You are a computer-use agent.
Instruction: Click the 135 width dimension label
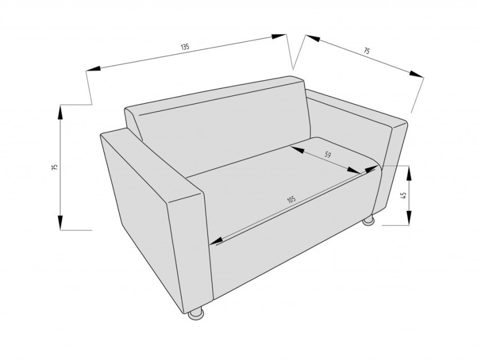185,47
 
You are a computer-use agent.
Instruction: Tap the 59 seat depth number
327,155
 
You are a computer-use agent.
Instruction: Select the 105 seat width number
291,200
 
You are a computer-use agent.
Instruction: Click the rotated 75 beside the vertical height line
55,167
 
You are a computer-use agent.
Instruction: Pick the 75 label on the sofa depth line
367,51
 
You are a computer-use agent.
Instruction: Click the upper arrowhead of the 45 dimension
409,174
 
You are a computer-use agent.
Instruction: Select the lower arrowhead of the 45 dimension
409,217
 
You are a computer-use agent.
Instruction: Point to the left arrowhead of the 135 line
93,69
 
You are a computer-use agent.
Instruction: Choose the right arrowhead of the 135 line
279,36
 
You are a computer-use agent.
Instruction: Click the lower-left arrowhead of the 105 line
217,241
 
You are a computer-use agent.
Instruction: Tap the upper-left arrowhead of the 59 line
298,149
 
